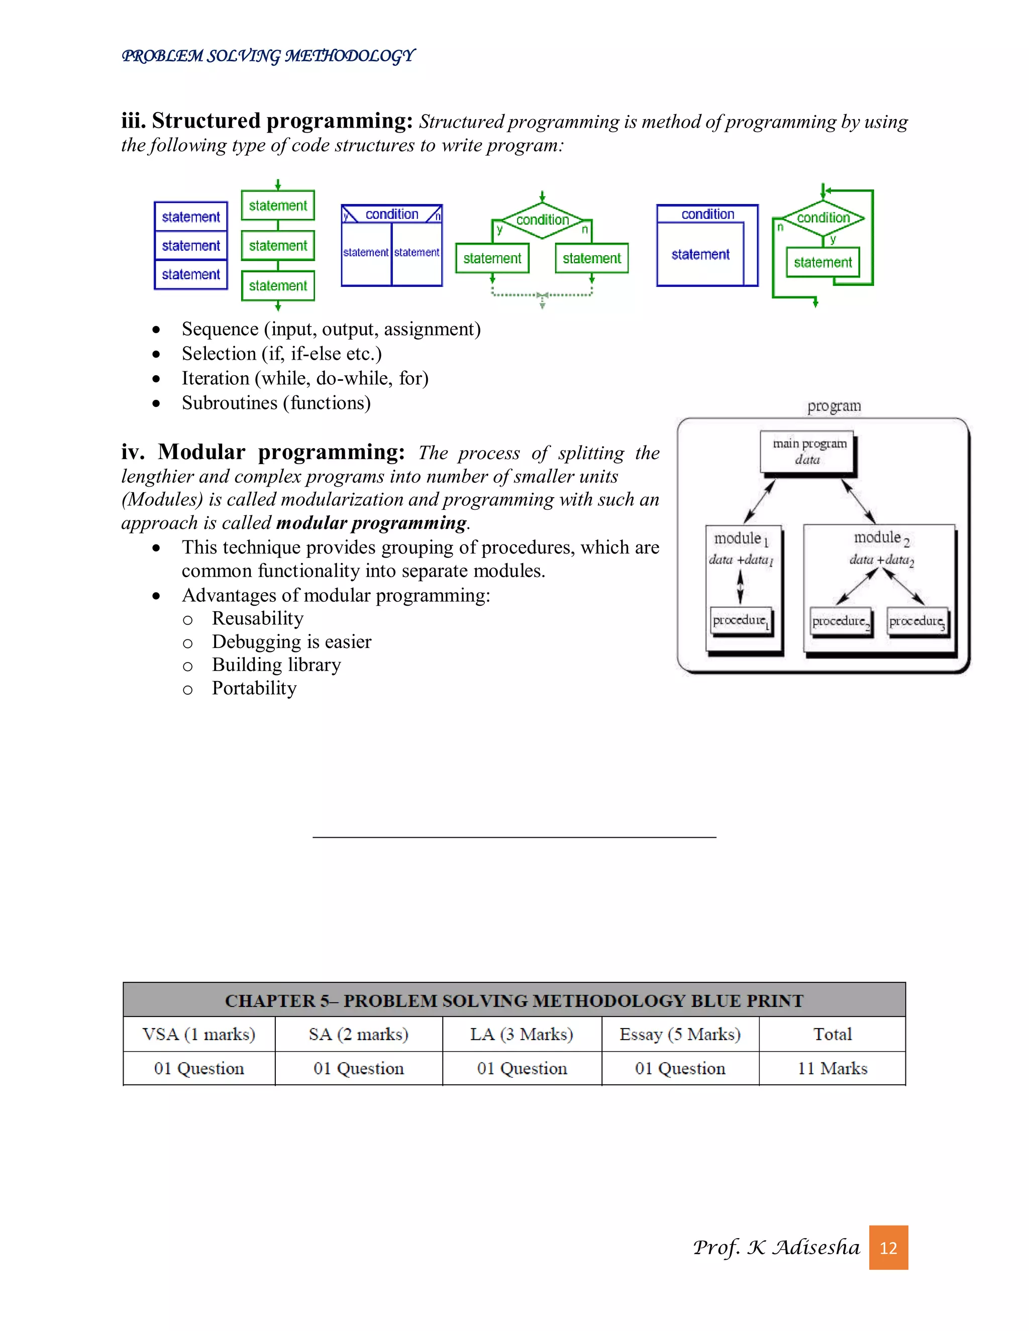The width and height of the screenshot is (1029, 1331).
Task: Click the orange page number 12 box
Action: coord(888,1248)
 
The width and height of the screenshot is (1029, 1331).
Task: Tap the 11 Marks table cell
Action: coord(832,1068)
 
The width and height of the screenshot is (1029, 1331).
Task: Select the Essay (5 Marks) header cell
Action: coord(680,1034)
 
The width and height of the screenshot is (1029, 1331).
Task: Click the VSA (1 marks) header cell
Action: coord(199,1034)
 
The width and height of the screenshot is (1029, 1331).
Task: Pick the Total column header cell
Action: coord(832,1034)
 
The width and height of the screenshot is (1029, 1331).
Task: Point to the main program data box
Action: coord(808,452)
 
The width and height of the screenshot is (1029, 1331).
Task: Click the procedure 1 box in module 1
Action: coord(741,620)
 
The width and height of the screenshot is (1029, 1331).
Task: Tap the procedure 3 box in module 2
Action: coord(917,621)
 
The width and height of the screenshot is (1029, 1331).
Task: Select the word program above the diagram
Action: coord(834,406)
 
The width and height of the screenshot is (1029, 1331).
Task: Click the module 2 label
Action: coord(881,537)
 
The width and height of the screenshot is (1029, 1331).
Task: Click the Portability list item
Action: coord(254,688)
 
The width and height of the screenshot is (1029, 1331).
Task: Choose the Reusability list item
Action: coord(257,619)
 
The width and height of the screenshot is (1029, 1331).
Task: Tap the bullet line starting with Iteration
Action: coord(305,379)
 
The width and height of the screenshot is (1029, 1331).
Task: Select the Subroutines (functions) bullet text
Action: coord(276,403)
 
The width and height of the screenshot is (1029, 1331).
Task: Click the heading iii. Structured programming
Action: coord(267,121)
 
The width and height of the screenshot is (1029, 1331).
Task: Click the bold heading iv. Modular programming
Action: coord(263,452)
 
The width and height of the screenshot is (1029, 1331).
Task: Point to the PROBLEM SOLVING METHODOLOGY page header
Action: coord(268,56)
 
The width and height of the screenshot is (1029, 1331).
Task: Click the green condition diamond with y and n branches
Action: coord(542,219)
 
